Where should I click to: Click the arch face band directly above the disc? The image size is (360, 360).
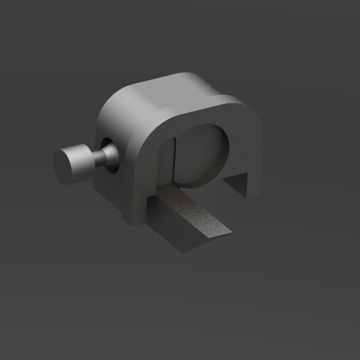[202, 115]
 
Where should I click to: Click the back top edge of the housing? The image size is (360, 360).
[195, 75]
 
